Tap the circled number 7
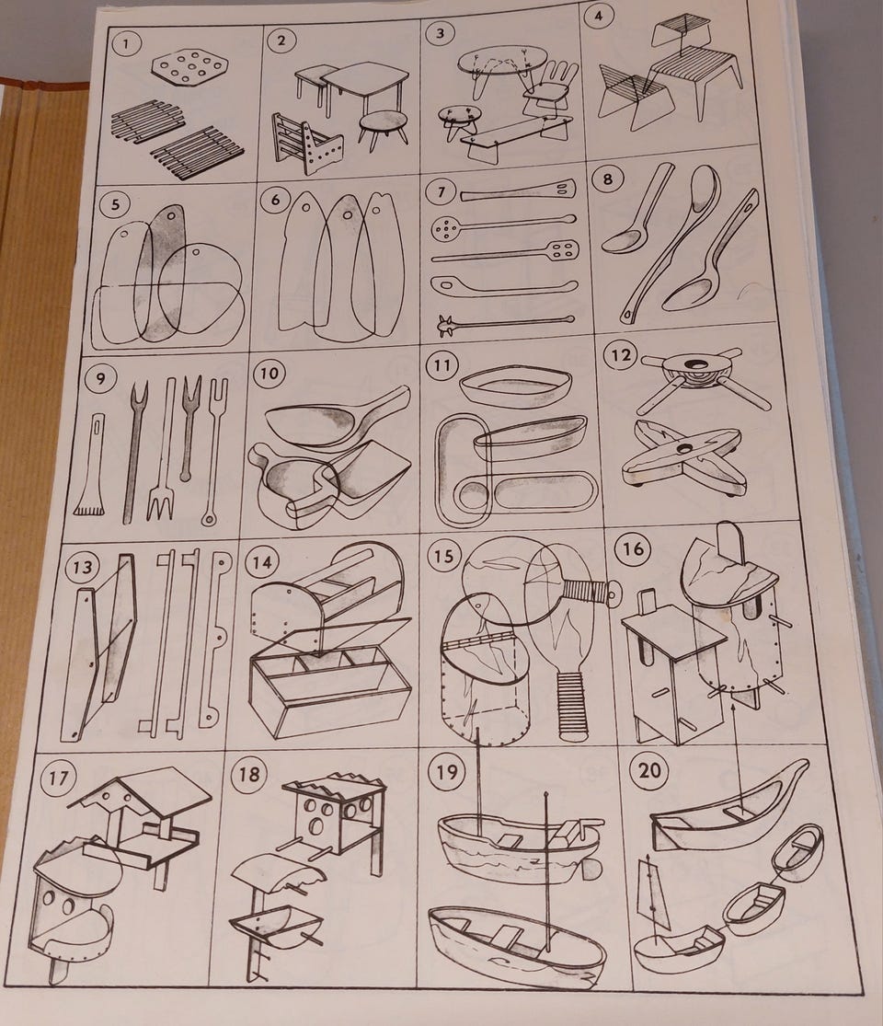click(442, 192)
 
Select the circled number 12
click(620, 355)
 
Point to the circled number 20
click(648, 770)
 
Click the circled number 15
click(442, 556)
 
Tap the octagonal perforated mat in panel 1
click(189, 67)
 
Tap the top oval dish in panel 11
click(516, 388)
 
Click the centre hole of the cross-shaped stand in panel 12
click(684, 450)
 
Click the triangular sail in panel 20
click(654, 900)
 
